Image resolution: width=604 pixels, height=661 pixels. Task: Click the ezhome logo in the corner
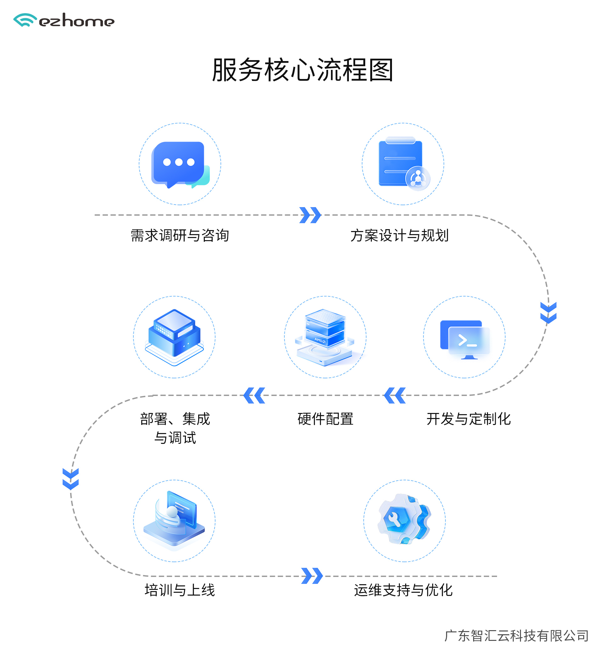click(x=64, y=20)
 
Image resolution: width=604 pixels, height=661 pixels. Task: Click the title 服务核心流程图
click(x=303, y=70)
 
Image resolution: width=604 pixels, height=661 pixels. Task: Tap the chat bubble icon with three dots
click(x=180, y=164)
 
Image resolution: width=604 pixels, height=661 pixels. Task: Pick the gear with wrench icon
click(x=404, y=519)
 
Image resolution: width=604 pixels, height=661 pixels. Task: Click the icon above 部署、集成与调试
click(x=174, y=337)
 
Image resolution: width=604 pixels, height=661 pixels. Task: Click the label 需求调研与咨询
click(x=180, y=235)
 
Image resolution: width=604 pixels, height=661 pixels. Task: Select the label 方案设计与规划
click(x=400, y=235)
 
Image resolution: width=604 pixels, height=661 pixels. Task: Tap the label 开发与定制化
click(x=469, y=419)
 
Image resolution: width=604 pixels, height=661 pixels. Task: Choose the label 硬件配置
click(x=325, y=419)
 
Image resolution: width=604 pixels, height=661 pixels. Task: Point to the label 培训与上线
click(x=180, y=590)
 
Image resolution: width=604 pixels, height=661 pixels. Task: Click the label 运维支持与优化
click(x=403, y=590)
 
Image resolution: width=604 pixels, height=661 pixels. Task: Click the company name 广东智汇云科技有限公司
click(x=517, y=636)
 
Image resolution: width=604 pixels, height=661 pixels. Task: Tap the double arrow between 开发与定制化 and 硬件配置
click(x=394, y=395)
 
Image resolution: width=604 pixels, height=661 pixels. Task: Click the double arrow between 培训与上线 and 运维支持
click(x=312, y=576)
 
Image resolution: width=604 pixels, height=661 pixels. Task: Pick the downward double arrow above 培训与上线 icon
click(x=71, y=479)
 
